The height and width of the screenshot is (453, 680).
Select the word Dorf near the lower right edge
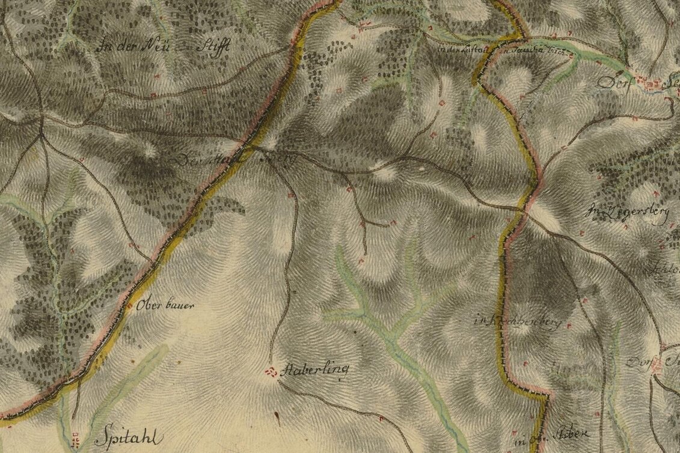point(639,362)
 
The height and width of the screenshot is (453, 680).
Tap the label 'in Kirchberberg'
point(518,322)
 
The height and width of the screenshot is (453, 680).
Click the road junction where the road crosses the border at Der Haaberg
point(248,145)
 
